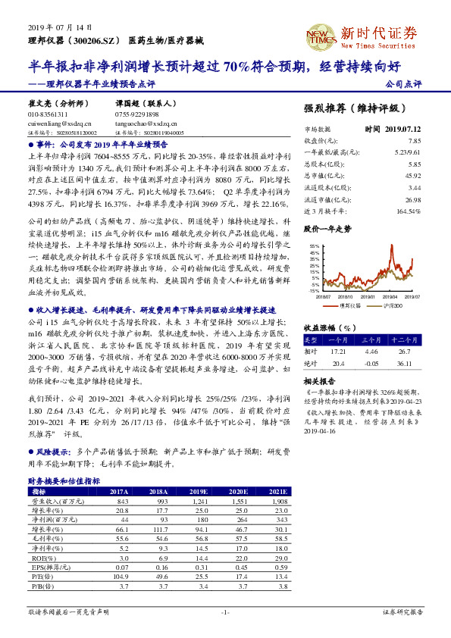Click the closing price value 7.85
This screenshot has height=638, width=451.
coord(414,141)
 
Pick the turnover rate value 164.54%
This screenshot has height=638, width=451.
coord(408,211)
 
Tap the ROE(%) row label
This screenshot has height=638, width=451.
coord(41,557)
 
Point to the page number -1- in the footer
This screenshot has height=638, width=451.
coord(225,611)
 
